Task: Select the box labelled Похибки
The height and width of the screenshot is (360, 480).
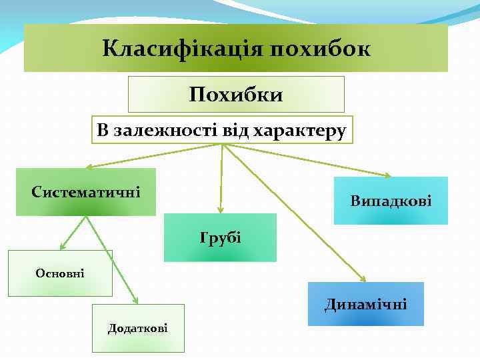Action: (x=236, y=94)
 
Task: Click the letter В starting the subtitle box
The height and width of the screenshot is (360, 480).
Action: (x=102, y=131)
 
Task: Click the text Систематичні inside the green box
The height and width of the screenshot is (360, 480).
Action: (x=85, y=193)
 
